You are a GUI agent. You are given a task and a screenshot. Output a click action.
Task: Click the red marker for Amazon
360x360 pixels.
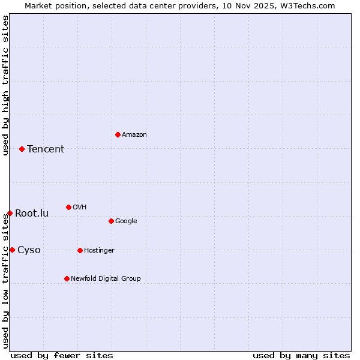pos(118,134)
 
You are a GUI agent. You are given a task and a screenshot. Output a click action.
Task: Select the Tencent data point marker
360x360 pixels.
pos(22,149)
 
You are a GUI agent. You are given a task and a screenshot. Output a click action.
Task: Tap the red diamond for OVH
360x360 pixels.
pos(68,207)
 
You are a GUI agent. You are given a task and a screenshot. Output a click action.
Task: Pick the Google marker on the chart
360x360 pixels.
pos(111,221)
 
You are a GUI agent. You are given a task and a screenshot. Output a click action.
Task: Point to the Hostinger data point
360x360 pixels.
pos(80,250)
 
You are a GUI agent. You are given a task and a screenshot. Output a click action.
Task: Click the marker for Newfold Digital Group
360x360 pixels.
pos(67,278)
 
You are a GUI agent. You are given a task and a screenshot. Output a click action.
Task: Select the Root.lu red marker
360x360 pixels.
pos(10,213)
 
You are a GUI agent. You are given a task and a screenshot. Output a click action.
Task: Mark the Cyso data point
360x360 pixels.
pos(12,250)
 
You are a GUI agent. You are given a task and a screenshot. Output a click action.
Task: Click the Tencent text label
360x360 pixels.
pos(46,149)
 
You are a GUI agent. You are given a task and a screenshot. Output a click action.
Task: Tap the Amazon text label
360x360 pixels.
pos(134,135)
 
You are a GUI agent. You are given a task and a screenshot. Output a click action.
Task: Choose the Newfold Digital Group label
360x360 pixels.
pos(106,278)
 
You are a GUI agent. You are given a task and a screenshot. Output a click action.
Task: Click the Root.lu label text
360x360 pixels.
pos(32,214)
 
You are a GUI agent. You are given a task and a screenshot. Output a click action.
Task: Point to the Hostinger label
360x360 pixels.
pos(99,251)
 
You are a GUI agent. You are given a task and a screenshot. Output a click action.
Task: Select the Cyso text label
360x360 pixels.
pos(29,250)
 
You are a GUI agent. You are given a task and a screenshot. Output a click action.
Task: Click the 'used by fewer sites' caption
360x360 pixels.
pos(62,355)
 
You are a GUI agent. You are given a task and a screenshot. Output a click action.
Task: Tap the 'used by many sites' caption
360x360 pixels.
pos(301,355)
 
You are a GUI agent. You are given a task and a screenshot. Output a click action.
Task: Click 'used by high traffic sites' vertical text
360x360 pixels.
pos(5,85)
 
